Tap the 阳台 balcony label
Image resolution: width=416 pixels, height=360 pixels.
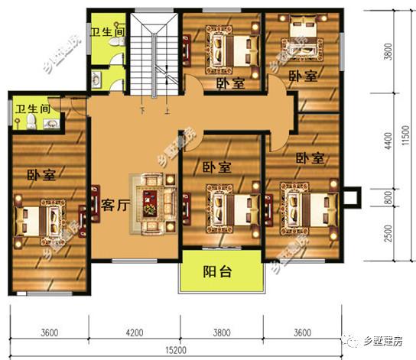(x=217, y=271)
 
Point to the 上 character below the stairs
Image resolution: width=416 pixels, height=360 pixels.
(x=165, y=109)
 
